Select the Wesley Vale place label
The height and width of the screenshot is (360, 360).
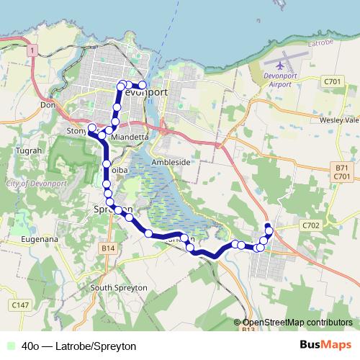(339, 120)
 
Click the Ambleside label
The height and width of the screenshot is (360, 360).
(171, 162)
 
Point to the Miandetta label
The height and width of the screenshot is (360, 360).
(130, 137)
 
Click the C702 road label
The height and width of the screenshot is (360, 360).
(311, 225)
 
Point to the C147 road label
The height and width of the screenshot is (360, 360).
(21, 305)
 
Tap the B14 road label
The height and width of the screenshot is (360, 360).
(108, 248)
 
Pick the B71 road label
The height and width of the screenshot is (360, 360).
(342, 168)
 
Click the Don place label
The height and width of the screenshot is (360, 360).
(48, 105)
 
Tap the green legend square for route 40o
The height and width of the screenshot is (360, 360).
(10, 345)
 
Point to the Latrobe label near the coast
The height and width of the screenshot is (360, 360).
(318, 44)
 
